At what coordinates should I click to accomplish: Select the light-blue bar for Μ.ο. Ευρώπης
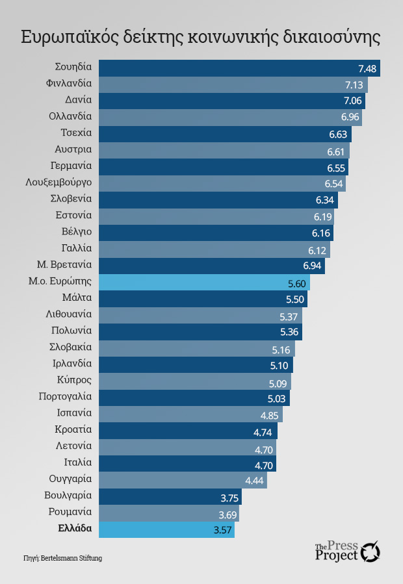click(x=204, y=283)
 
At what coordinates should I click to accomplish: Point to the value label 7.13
click(x=354, y=85)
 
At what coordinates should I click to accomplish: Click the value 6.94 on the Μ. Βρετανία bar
click(x=313, y=266)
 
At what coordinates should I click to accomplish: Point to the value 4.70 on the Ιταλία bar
click(x=264, y=464)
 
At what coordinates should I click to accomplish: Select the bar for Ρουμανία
click(x=169, y=513)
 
